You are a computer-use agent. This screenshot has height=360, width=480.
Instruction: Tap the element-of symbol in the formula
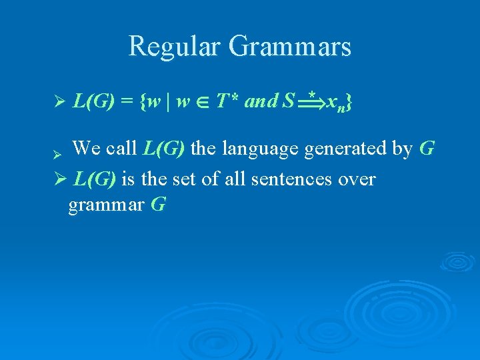click(x=205, y=103)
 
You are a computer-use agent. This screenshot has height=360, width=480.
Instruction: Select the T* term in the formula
click(x=228, y=101)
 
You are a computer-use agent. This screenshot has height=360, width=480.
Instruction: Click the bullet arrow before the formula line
click(x=58, y=103)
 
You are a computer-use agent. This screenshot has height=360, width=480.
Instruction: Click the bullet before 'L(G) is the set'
click(x=59, y=179)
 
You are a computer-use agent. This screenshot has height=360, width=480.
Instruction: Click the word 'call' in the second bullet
click(x=123, y=148)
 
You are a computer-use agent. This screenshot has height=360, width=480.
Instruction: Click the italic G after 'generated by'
click(x=427, y=148)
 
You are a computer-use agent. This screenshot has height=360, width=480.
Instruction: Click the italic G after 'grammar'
click(x=158, y=205)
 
